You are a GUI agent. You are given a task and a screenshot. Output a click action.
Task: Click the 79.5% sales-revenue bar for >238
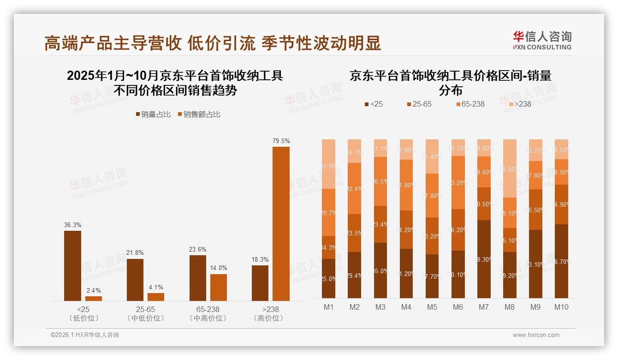click(x=281, y=224)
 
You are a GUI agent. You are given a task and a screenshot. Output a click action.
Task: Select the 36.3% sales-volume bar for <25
click(x=72, y=266)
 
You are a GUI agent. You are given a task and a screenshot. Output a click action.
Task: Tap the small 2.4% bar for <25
click(x=94, y=299)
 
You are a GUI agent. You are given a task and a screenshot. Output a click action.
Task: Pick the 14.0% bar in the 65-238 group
click(x=219, y=288)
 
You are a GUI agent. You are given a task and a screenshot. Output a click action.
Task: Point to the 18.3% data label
click(x=260, y=260)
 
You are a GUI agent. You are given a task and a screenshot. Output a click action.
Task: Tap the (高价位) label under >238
click(x=268, y=318)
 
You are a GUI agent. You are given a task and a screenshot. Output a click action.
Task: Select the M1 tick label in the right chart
click(x=328, y=307)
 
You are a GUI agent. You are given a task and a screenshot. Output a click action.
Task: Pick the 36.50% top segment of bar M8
click(x=510, y=168)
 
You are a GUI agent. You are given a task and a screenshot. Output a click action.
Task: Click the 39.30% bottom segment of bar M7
click(x=484, y=259)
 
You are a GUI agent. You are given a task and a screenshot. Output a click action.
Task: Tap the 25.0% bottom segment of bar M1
click(x=328, y=278)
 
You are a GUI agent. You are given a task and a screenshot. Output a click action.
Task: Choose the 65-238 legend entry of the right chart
click(x=470, y=104)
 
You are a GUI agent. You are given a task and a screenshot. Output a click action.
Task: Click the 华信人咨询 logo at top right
click(x=542, y=40)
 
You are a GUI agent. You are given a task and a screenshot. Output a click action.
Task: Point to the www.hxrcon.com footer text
click(x=536, y=335)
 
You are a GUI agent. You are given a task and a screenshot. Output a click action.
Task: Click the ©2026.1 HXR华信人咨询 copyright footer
click(x=85, y=335)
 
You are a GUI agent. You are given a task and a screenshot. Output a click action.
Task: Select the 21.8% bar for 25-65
click(x=135, y=280)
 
